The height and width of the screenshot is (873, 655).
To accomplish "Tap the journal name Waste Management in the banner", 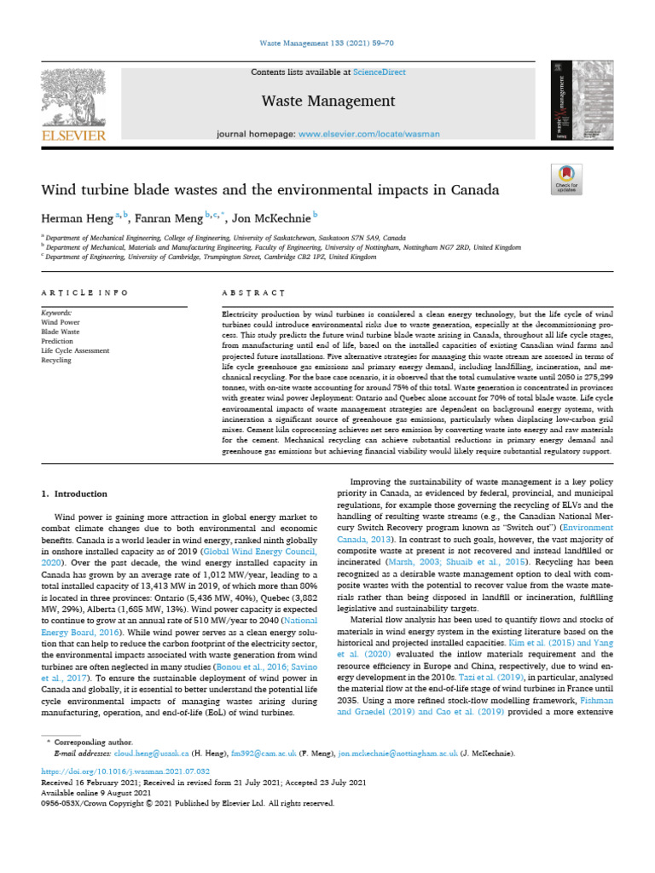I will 327,101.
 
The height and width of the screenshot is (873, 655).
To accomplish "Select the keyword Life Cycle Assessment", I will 75,350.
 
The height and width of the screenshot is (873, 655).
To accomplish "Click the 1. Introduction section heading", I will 75,494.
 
